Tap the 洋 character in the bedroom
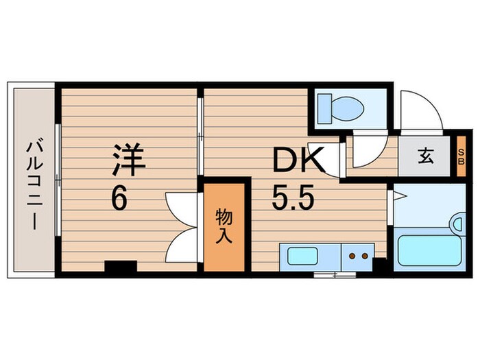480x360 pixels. point(128,159)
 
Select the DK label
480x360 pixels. point(297,163)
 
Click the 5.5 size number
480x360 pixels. point(293,200)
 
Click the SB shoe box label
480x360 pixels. point(461,157)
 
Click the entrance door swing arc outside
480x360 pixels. point(420,110)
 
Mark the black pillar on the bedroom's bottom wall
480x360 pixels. point(121,267)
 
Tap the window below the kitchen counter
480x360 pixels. point(335,275)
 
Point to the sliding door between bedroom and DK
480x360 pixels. point(200,137)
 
